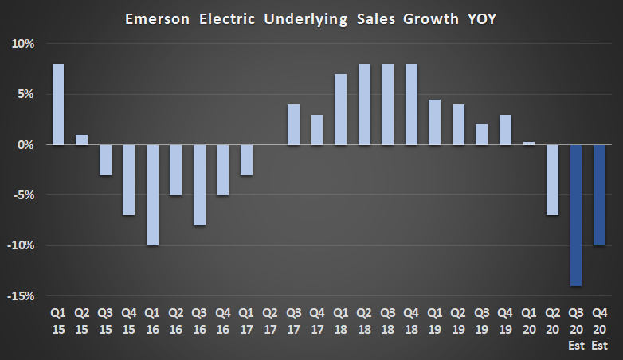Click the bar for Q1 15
tap(58, 104)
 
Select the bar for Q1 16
tap(152, 195)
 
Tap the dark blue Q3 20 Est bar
tap(576, 215)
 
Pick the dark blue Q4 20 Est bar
tap(600, 195)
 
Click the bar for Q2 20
tap(552, 180)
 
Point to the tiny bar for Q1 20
tap(529, 143)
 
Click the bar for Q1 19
tap(435, 122)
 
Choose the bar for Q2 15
tap(81, 139)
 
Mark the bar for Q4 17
tap(317, 130)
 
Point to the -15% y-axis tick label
tap(22, 296)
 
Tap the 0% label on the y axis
tap(26, 145)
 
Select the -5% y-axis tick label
tap(24, 195)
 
